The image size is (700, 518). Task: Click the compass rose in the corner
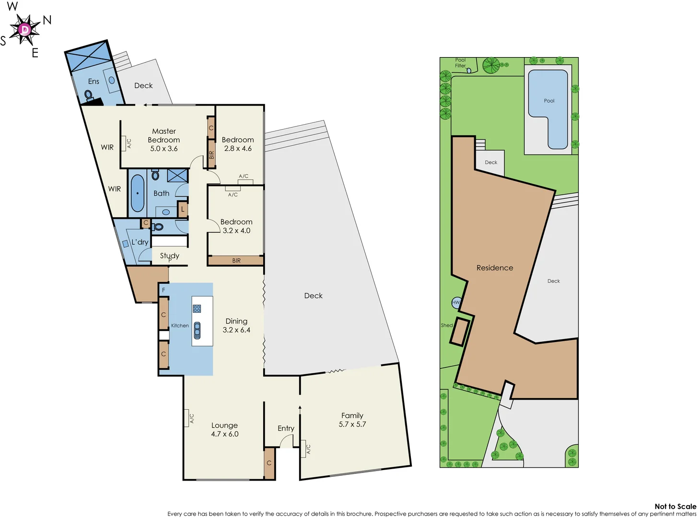[25, 30]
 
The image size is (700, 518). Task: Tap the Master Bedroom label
[164, 140]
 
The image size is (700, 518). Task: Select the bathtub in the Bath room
[138, 193]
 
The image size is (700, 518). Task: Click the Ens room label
[93, 82]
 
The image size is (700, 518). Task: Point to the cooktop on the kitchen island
[197, 308]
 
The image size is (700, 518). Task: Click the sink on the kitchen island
[197, 330]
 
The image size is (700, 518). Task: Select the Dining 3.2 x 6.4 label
[236, 325]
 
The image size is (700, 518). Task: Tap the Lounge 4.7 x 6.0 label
[224, 429]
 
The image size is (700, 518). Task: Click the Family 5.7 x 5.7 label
[352, 420]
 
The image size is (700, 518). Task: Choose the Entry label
[286, 428]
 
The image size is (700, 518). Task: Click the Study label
[170, 256]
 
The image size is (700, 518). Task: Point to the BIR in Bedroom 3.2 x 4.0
[236, 260]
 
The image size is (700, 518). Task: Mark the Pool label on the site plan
[549, 101]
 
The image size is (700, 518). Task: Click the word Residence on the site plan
[495, 268]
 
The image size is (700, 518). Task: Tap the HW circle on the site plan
[456, 302]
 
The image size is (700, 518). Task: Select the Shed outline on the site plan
[459, 331]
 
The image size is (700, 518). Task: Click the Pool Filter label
[460, 63]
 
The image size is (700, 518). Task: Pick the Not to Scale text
[675, 506]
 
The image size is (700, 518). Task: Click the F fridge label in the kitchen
[163, 290]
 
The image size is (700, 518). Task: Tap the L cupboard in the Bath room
[182, 209]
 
